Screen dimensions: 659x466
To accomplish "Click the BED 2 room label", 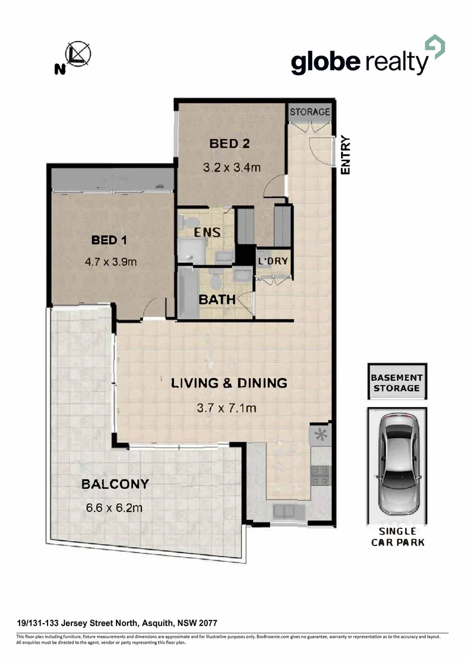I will click(x=230, y=144).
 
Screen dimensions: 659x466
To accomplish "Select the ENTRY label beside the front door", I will click(x=346, y=155).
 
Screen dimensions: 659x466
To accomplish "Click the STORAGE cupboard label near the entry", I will click(x=310, y=112).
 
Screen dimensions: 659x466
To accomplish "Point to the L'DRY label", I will click(x=272, y=261).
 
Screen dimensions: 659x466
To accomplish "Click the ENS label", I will click(x=207, y=232).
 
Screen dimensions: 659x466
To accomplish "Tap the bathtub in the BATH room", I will click(x=187, y=293).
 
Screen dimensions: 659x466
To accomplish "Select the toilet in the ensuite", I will click(x=190, y=221).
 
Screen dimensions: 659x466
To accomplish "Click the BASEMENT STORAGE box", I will click(x=396, y=383).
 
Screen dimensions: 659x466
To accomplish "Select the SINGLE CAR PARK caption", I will click(x=397, y=537).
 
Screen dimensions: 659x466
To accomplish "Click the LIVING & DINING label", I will click(x=229, y=383).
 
